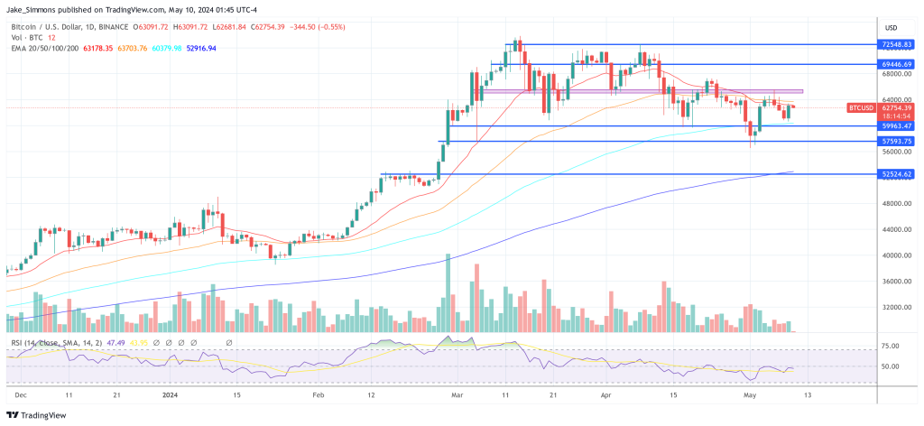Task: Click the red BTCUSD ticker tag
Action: [x=859, y=108]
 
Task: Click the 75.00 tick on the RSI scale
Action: [x=892, y=346]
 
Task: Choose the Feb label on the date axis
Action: [x=317, y=395]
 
